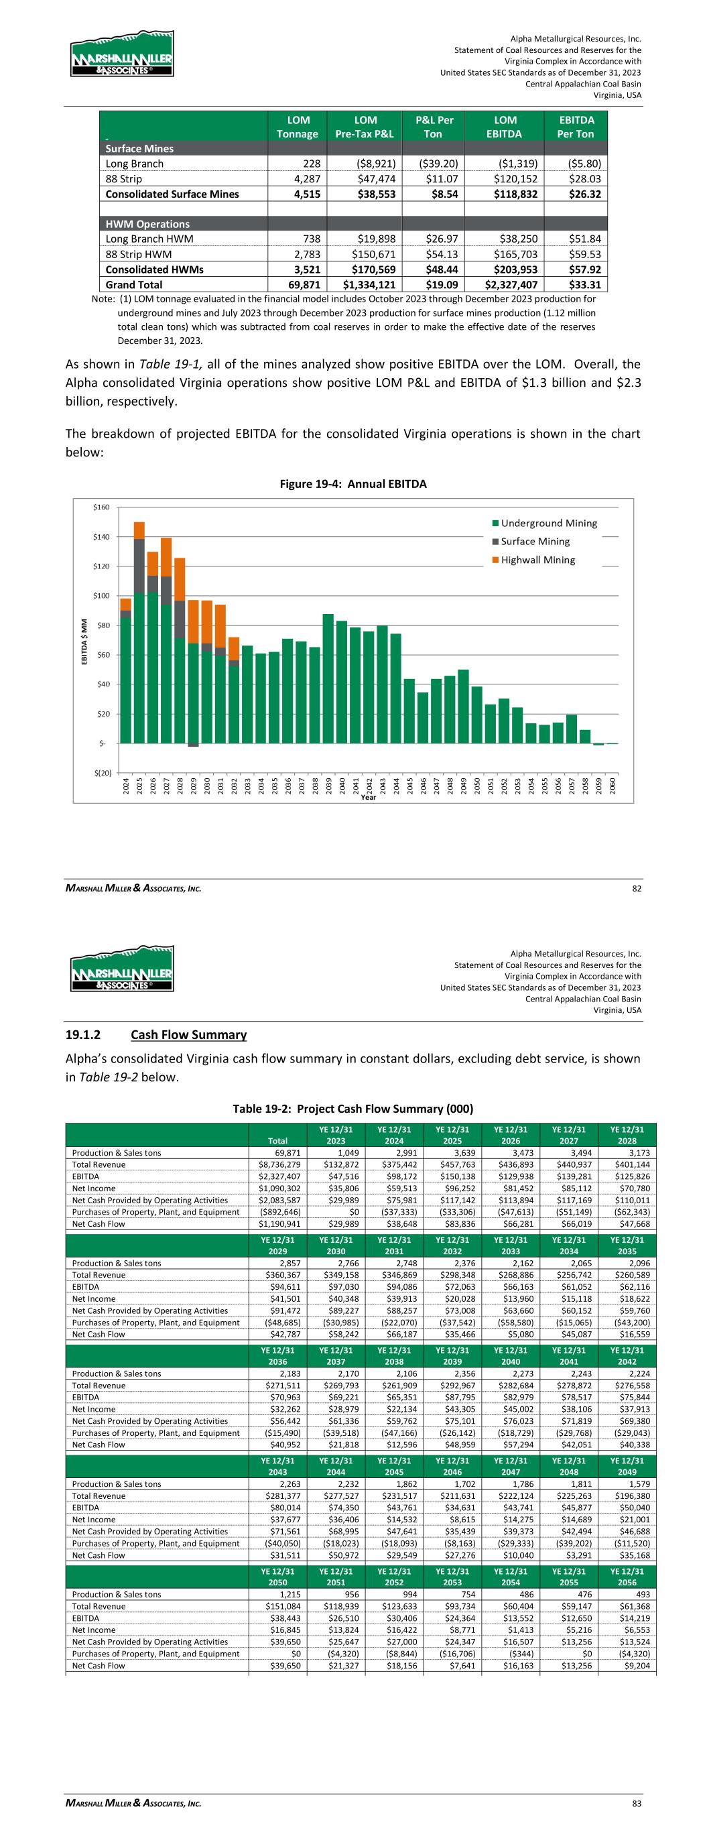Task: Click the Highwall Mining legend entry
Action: [x=537, y=560]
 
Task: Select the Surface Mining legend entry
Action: [x=534, y=542]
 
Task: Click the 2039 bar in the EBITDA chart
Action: [x=328, y=678]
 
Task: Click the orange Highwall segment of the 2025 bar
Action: [x=139, y=530]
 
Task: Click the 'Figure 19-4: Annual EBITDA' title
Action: [x=352, y=484]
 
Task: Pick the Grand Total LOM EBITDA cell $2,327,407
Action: [x=503, y=285]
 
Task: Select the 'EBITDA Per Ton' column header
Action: [x=576, y=127]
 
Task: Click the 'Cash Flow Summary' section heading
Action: [x=188, y=1035]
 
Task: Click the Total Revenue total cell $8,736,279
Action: [x=279, y=1164]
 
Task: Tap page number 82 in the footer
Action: [x=637, y=888]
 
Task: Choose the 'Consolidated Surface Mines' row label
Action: [x=172, y=194]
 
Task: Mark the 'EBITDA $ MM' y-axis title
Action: [x=84, y=642]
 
